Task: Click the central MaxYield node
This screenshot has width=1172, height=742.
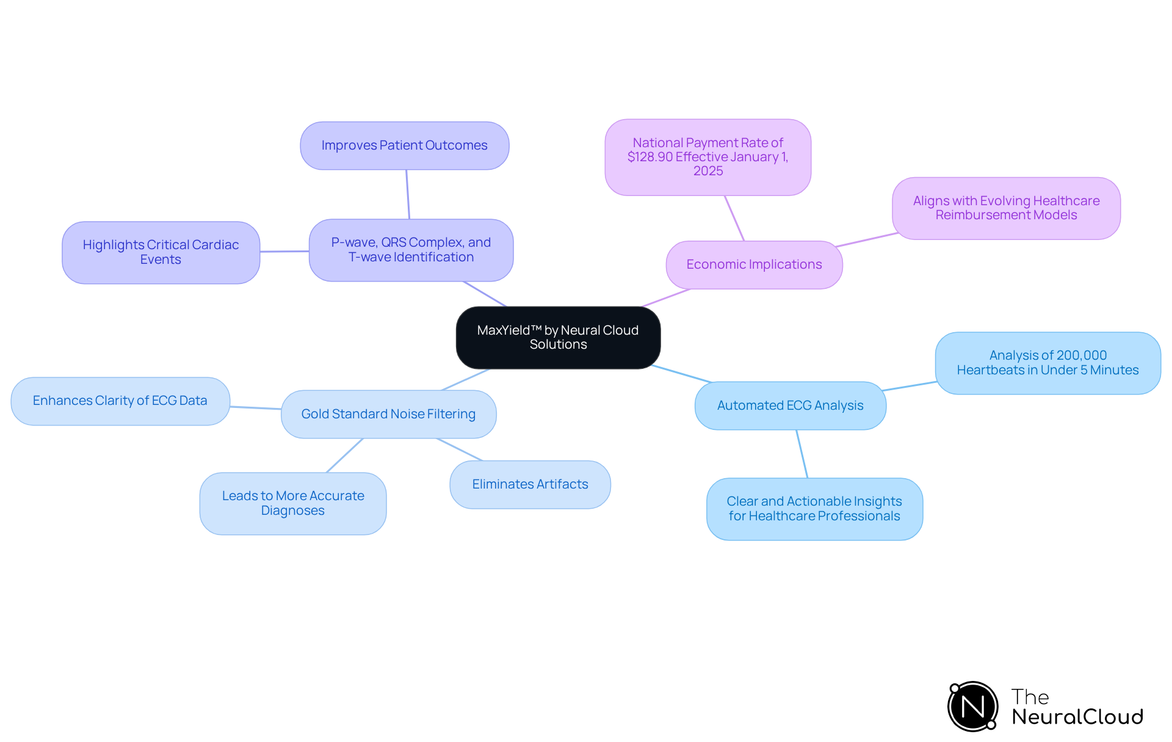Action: (558, 337)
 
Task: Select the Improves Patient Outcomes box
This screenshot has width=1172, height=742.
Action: (404, 145)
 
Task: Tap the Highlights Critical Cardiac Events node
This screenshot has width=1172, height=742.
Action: (161, 252)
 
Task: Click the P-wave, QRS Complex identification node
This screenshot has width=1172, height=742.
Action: (411, 250)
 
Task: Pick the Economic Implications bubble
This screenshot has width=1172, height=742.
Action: (754, 264)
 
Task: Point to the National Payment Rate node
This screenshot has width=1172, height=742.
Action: (707, 157)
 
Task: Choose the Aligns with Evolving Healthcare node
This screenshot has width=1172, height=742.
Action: (1006, 208)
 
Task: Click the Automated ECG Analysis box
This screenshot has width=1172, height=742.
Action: (790, 406)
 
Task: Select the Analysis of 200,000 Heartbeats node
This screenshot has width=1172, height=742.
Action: (1047, 363)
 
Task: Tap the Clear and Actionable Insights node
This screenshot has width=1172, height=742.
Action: (814, 509)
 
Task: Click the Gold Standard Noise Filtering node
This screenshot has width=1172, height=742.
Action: (388, 414)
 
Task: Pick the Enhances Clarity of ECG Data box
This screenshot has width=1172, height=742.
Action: (120, 401)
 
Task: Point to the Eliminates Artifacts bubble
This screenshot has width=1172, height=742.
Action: (530, 484)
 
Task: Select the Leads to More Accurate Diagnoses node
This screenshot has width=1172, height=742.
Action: (293, 503)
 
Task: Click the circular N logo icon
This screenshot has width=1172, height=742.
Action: (972, 707)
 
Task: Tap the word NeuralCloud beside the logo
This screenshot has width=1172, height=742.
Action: (1077, 717)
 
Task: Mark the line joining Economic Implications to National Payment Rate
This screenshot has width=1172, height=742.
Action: (734, 218)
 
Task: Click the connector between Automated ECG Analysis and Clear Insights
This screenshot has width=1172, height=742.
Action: (801, 454)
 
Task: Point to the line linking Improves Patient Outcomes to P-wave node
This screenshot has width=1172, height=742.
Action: (408, 194)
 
